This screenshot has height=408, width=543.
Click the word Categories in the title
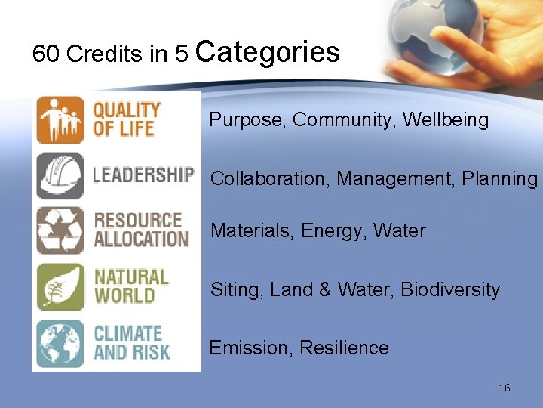268,52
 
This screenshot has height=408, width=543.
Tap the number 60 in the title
46,54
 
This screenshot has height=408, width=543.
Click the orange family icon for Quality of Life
60,119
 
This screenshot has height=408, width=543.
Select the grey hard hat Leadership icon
60,176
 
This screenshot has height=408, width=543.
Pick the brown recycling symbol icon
60,230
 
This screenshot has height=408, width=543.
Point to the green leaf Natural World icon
60,287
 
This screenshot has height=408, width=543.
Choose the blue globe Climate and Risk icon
60,344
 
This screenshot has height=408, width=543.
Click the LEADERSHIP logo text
143,175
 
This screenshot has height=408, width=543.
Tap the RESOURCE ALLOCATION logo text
140,230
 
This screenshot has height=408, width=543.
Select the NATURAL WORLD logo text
131,286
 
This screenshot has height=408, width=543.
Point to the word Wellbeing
446,120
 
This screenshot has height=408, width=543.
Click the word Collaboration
271,179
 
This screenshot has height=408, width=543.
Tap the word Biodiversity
450,290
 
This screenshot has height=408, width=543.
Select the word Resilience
344,348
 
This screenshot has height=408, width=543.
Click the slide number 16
505,388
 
